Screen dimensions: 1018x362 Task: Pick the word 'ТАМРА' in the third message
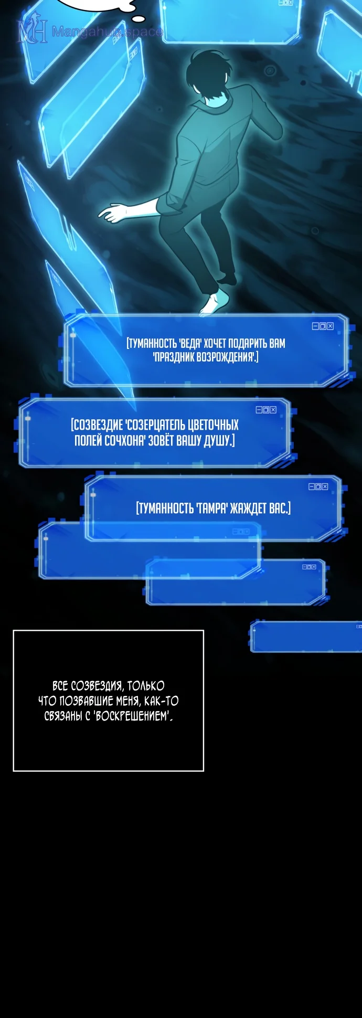click(x=212, y=508)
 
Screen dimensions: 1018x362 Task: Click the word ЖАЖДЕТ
click(x=249, y=508)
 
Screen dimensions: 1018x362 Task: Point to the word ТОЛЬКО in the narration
click(x=146, y=686)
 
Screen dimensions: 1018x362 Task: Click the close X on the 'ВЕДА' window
click(x=330, y=326)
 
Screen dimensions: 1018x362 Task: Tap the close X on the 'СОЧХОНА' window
click(x=273, y=410)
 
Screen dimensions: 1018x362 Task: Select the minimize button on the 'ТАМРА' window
click(x=312, y=486)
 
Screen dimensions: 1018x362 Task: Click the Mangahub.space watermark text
click(x=107, y=31)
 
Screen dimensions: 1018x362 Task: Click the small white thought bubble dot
click(x=139, y=19)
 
